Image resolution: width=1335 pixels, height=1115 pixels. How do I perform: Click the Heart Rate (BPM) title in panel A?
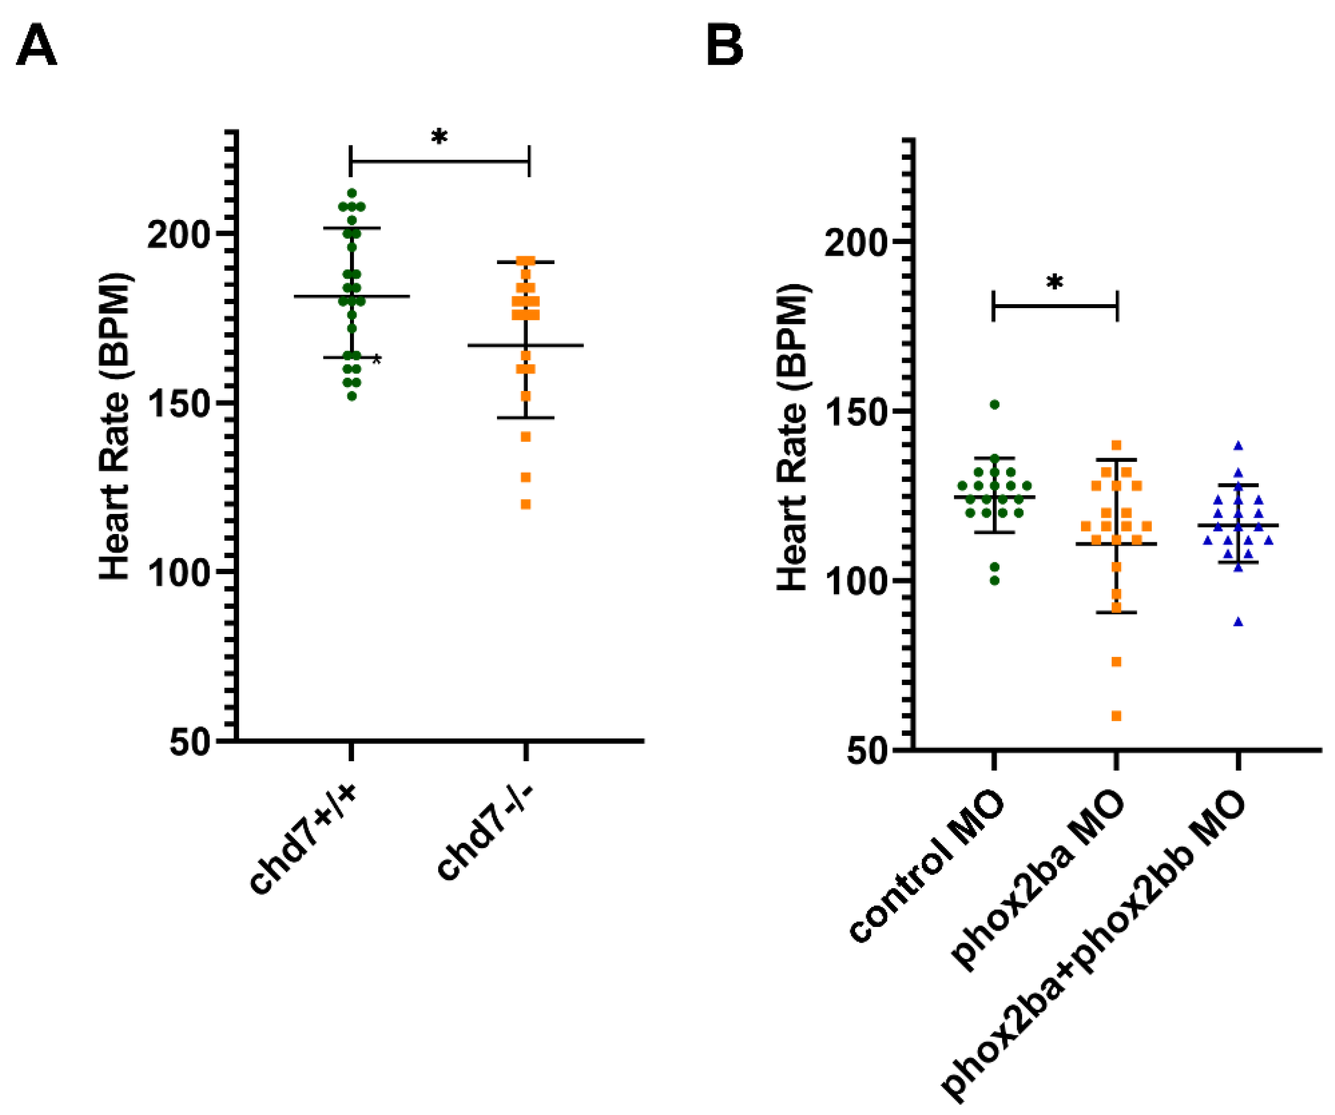pos(115,426)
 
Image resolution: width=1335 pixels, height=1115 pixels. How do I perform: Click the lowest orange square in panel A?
pos(526,505)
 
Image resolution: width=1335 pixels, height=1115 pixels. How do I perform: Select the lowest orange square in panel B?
pos(1116,716)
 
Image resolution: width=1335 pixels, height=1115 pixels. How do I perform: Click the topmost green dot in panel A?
pos(351,193)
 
